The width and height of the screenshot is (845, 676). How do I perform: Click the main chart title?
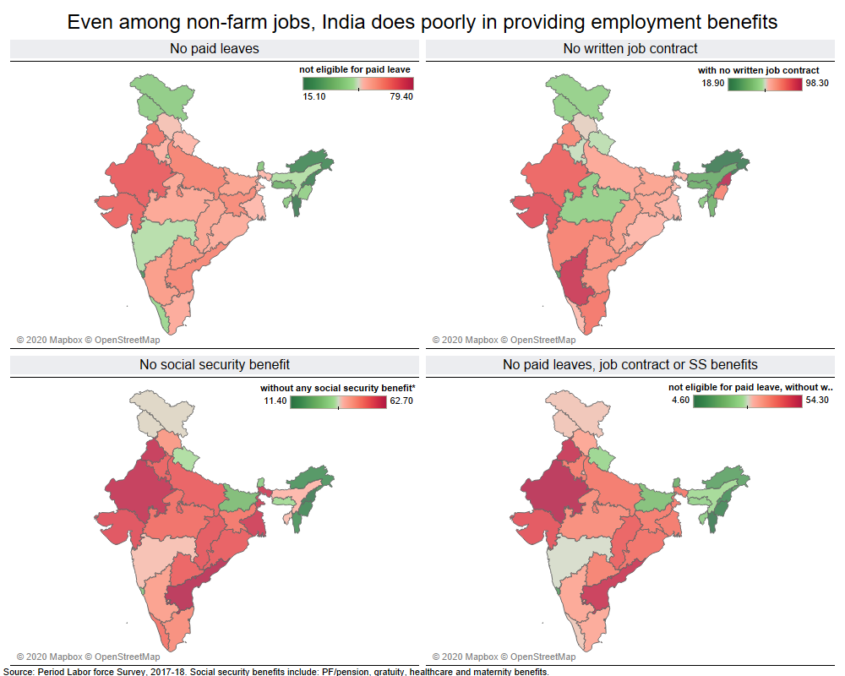[422, 21]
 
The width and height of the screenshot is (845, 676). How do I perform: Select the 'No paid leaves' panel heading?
[215, 49]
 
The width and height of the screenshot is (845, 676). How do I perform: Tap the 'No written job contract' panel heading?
[630, 49]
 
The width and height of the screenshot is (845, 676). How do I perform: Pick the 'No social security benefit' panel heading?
[215, 365]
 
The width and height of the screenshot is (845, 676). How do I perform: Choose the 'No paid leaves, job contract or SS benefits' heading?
[630, 365]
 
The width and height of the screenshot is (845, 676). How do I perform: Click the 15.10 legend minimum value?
[314, 96]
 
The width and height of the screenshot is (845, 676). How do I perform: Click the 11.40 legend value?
[275, 402]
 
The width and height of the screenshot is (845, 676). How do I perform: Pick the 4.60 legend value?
[682, 402]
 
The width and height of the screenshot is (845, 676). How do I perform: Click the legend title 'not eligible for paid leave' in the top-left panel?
[356, 69]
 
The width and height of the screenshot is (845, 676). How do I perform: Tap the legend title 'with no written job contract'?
[758, 69]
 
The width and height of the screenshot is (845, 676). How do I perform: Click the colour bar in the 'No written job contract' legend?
[765, 84]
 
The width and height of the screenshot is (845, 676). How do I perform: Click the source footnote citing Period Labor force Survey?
[275, 672]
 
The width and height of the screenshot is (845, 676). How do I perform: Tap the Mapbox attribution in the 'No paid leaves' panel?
[88, 340]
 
